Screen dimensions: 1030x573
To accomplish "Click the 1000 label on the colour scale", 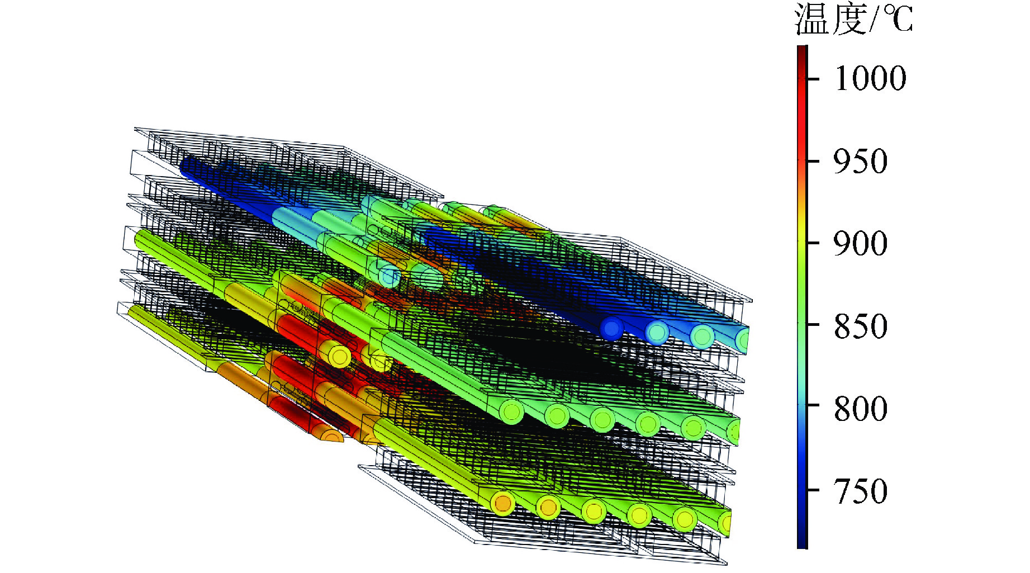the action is [870, 78].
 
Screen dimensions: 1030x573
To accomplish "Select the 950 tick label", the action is [861, 162].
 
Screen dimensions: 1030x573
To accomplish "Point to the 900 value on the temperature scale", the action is [861, 244].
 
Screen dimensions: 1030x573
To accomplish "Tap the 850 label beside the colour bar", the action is [861, 326].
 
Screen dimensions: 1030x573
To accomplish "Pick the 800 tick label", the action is [861, 409].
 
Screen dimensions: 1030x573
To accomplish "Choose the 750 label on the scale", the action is [861, 491].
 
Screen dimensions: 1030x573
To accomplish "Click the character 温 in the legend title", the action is [811, 19].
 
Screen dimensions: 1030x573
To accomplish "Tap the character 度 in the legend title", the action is [848, 19].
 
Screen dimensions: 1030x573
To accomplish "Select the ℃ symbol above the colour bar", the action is [896, 20].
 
